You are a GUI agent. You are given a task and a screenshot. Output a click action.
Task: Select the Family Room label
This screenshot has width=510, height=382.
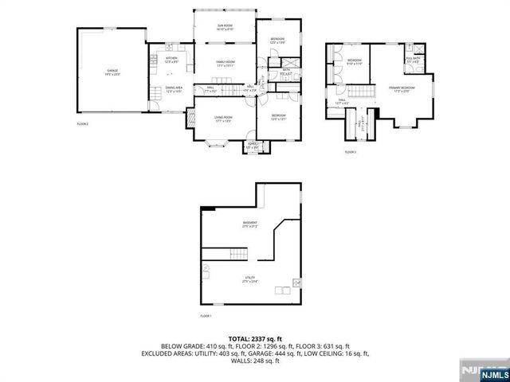coord(224,63)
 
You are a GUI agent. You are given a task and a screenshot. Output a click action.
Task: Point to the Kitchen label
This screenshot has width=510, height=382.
coord(171,59)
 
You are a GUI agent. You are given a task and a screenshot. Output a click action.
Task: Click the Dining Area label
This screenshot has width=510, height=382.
coord(174,88)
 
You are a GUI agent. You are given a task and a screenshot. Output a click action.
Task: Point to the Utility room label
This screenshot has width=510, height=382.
coord(249,279)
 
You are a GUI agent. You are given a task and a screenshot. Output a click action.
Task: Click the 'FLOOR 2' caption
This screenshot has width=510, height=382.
coord(82,124)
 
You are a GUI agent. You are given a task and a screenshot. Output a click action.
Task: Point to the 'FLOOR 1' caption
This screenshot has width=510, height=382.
coord(205,316)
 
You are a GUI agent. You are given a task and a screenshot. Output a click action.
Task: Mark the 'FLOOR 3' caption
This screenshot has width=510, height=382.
coord(351,151)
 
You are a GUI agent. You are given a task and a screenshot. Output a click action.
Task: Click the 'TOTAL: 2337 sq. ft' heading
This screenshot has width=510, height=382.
coord(255,338)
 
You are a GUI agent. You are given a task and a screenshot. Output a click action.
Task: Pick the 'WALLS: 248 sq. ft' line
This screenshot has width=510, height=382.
coord(255,359)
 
